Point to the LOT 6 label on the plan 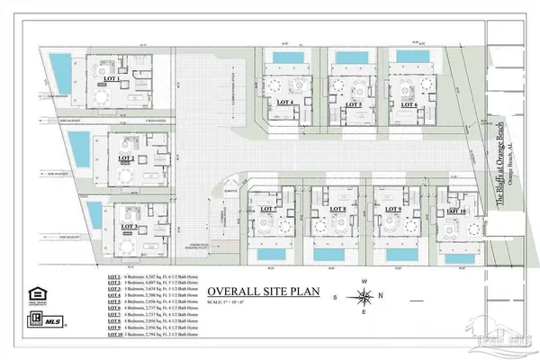tap(409, 104)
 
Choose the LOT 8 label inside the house tap(337, 210)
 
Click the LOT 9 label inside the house tap(391, 210)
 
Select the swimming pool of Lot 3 tap(94, 215)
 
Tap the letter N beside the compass tap(364, 282)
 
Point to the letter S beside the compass tap(335, 296)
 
